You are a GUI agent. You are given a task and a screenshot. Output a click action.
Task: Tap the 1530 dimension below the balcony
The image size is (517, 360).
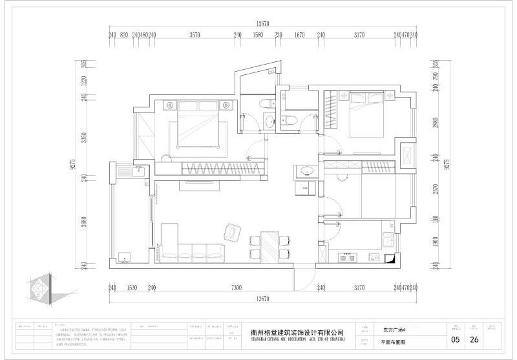(131, 288)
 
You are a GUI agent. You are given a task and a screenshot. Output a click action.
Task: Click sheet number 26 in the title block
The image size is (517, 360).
(474, 339)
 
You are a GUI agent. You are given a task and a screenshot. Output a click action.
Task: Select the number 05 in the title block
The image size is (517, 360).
(455, 339)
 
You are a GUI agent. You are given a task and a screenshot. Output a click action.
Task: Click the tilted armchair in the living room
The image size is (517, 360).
(231, 231)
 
